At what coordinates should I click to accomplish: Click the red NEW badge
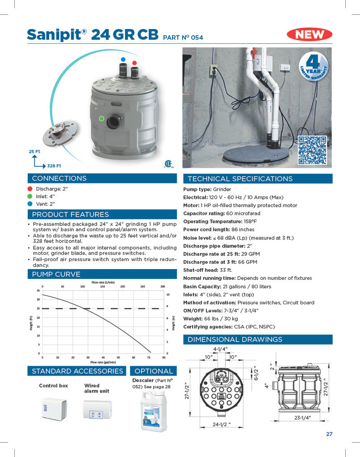point(313,34)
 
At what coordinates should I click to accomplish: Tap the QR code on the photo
point(312,150)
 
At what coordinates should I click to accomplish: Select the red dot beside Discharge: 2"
point(30,189)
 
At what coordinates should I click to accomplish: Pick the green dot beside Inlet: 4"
point(30,196)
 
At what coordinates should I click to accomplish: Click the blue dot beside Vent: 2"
point(30,204)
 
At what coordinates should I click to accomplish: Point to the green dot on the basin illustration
point(102,119)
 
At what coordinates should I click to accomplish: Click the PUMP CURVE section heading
point(56,274)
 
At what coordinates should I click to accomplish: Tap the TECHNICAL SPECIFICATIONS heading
point(240,179)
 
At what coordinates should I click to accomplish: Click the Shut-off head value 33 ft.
point(226,270)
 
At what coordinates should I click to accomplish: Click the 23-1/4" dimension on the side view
point(303,417)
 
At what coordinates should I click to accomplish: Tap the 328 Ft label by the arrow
point(54,166)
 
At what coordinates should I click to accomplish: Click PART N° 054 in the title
point(183,38)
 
